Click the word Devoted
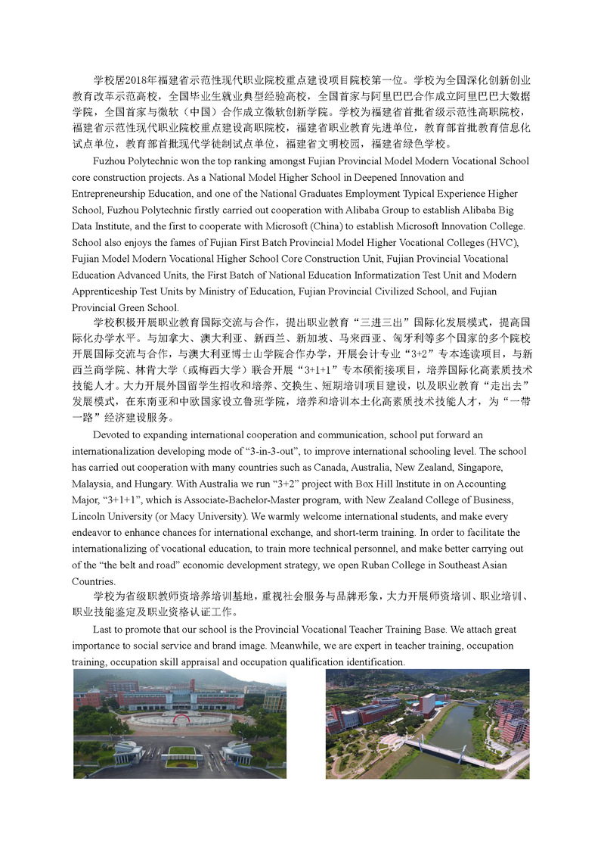[110, 434]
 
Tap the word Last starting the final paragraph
[103, 629]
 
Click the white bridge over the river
[440, 752]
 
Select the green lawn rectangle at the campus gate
[181, 752]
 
